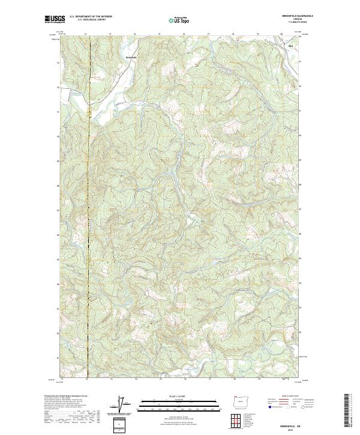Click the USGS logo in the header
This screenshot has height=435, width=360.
[55, 19]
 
